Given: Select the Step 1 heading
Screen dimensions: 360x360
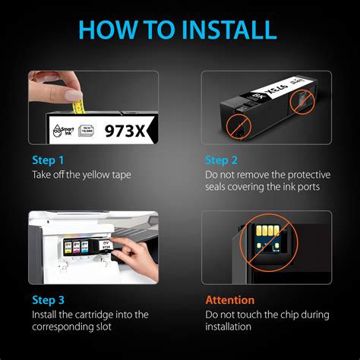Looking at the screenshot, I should click(48, 160).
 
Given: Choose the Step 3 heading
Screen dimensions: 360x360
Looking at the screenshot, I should click(48, 300).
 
